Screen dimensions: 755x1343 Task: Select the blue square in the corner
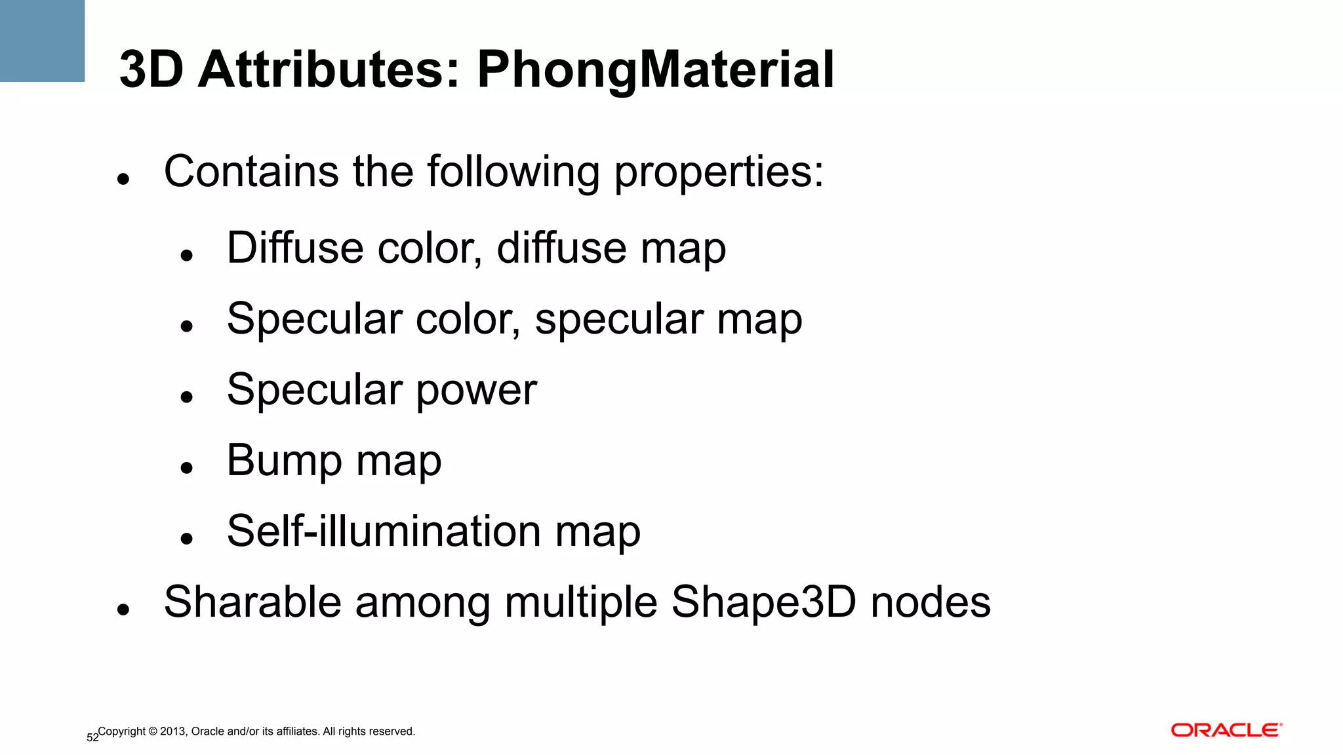pos(42,41)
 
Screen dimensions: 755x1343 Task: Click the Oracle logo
pos(1226,730)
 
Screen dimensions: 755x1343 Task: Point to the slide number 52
pos(92,738)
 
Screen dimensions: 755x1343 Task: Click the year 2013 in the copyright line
pos(173,731)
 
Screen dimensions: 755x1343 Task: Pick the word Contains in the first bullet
pos(251,172)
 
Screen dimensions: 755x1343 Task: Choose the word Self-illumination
pos(384,531)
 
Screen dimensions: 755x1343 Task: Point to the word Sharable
pos(252,602)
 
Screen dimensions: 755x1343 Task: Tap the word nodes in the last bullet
pos(931,602)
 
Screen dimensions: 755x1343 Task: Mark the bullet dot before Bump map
pos(187,467)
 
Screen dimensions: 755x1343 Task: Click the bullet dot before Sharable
pos(123,610)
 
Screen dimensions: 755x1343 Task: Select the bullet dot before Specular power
pos(187,397)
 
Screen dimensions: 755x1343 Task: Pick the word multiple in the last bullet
pos(581,602)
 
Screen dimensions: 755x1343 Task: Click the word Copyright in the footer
pos(122,731)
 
